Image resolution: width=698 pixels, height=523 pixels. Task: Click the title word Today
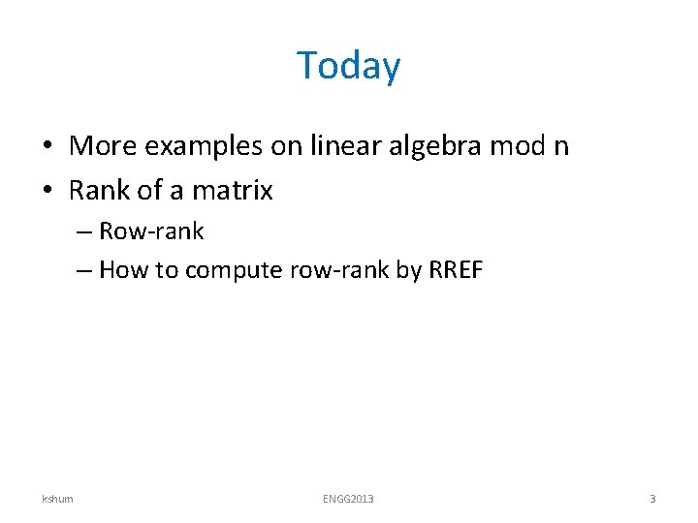(x=348, y=66)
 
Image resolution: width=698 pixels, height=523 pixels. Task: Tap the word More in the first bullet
(x=103, y=146)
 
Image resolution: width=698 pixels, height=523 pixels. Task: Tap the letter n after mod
(x=559, y=148)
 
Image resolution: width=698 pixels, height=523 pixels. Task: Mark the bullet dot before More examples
(x=47, y=147)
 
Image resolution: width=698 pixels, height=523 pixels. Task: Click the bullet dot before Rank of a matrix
(x=47, y=191)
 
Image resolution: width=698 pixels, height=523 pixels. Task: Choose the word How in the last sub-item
(x=121, y=269)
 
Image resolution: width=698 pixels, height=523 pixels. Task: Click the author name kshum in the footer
(x=57, y=499)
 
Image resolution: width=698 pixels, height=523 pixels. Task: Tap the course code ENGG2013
(x=348, y=499)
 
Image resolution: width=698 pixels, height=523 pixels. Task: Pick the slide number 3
(x=652, y=499)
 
